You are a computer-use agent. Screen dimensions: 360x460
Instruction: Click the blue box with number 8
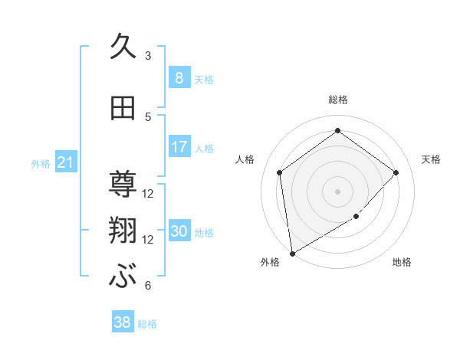coord(179,77)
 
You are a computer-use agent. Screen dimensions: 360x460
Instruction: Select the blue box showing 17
coord(179,146)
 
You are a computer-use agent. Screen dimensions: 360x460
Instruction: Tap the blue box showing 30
coord(179,232)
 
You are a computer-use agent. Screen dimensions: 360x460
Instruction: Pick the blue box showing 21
coord(66,162)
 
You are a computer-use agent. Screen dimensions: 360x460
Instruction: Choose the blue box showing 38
coord(123,322)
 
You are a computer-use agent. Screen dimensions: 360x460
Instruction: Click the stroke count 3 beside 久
coord(148,56)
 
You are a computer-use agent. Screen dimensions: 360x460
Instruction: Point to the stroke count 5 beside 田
coord(148,117)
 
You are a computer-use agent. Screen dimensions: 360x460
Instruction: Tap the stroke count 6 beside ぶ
coord(148,286)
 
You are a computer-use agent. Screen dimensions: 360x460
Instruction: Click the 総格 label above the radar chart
coord(337,100)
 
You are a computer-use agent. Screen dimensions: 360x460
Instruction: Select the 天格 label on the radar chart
coord(431,159)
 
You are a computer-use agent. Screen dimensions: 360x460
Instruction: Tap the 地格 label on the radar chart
coord(402,262)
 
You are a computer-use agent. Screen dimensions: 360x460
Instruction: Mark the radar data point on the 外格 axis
coord(291,253)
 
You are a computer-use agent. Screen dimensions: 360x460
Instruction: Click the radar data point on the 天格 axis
coord(396,172)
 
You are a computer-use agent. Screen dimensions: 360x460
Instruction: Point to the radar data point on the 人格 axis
coord(280,172)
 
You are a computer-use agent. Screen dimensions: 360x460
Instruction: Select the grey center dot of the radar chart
coord(337,191)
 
